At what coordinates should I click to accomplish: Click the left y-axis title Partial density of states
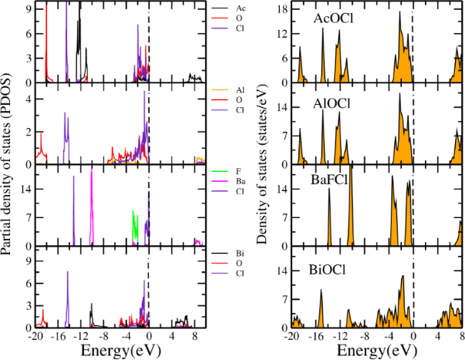coord(8,166)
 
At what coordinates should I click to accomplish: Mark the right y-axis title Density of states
coord(262,166)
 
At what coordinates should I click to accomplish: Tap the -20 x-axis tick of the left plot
coord(35,337)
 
